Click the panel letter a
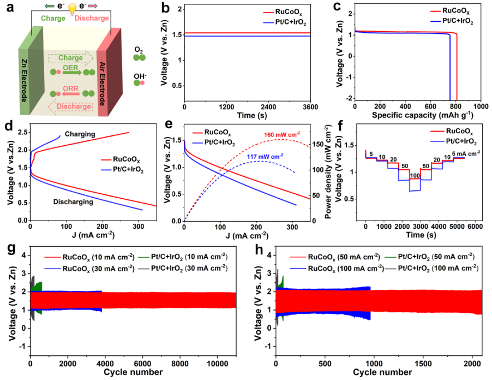point(7,8)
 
